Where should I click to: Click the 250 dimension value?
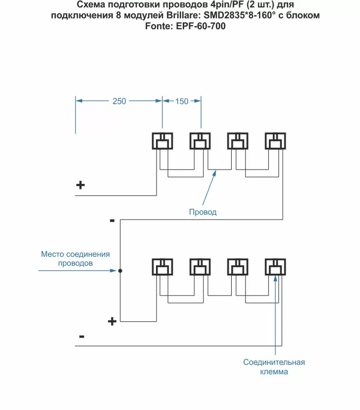pos(119,101)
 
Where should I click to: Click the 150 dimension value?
pos(182,101)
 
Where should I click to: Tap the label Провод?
pos(203,212)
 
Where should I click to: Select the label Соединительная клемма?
pos(274,367)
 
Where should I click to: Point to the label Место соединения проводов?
pos(75,259)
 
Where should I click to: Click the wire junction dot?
pos(120,271)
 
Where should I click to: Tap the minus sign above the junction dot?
pos(112,220)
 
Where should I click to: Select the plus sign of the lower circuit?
pos(112,321)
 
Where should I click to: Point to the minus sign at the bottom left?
pos(81,337)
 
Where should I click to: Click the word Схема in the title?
pos(91,4)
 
